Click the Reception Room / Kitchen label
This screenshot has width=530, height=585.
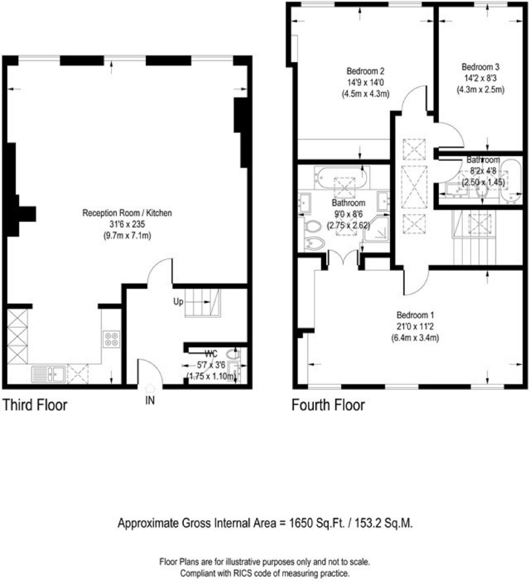point(127,213)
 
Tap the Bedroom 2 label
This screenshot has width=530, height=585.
point(365,71)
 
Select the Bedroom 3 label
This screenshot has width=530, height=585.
point(480,67)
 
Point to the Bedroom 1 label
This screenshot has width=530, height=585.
point(415,315)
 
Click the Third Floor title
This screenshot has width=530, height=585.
point(35,405)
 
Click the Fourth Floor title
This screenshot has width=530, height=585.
point(328,405)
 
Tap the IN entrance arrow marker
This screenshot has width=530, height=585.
point(150,388)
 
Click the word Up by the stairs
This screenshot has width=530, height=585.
point(178,302)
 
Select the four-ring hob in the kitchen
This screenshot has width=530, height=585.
point(111,339)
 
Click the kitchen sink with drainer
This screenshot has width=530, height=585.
point(48,374)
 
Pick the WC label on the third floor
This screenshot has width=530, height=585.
point(211,354)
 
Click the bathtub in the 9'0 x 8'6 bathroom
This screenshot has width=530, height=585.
point(342,177)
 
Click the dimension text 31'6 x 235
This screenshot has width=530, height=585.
point(127,224)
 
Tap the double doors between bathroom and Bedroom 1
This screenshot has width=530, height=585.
point(343,259)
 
